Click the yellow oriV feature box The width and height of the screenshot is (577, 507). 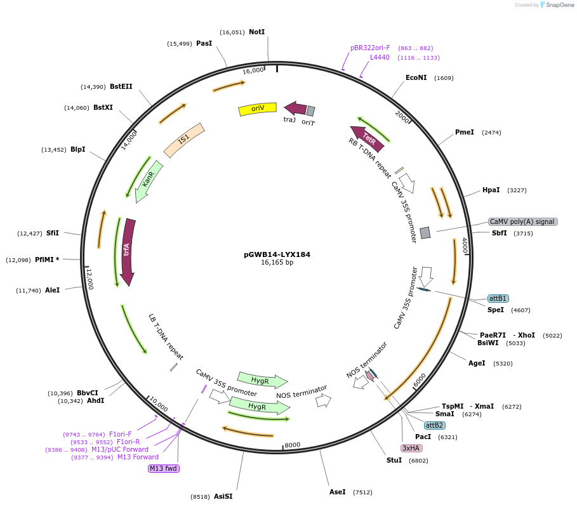click(257, 109)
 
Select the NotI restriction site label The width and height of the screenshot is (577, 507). click(256, 32)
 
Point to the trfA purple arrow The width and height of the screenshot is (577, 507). click(128, 251)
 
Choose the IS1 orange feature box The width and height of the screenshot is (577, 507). click(184, 140)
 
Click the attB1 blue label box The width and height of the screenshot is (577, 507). click(498, 298)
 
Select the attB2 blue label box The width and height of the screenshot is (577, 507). click(435, 425)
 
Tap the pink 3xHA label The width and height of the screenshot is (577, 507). click(411, 448)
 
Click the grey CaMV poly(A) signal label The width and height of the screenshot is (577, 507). click(522, 221)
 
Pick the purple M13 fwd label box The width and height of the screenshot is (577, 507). click(164, 468)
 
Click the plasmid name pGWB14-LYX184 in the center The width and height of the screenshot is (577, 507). click(277, 254)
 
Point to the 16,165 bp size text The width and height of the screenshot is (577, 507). click(277, 262)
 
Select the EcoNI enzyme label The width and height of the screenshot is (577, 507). click(416, 77)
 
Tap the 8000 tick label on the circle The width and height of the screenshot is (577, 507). click(292, 445)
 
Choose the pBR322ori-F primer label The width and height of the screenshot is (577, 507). click(370, 48)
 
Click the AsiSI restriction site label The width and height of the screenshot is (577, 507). click(223, 496)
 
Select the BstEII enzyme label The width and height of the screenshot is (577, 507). click(121, 86)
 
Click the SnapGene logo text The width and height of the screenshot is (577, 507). click(560, 4)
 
